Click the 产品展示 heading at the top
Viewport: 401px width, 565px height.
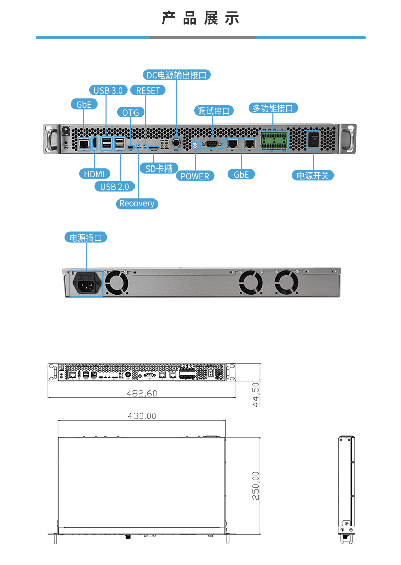point(201,18)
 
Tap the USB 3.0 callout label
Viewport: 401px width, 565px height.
point(108,90)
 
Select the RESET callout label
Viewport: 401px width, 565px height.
point(148,90)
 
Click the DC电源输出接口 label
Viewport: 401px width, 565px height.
point(176,75)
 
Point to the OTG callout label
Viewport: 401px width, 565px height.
point(130,112)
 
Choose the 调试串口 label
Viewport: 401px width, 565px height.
point(214,111)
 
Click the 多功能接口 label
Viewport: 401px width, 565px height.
point(273,108)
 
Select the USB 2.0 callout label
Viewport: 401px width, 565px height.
point(114,186)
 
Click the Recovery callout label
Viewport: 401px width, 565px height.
point(137,203)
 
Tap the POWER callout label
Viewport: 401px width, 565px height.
point(195,176)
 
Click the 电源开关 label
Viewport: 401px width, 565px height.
point(313,175)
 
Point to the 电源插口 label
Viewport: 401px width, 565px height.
point(86,237)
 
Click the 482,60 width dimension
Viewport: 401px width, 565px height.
point(143,393)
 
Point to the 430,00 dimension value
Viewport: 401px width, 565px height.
point(142,416)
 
